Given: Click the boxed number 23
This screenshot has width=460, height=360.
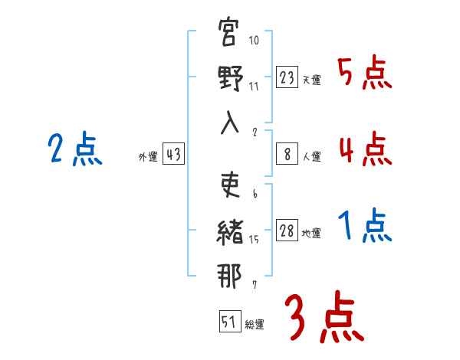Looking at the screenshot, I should [287, 77].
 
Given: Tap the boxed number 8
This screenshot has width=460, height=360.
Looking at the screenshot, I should [287, 153].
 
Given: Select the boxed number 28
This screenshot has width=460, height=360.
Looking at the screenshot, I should [287, 231].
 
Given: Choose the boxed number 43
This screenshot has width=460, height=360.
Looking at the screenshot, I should [173, 154].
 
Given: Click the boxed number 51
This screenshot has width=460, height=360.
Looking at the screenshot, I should [229, 322].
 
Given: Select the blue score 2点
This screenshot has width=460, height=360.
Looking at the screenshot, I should [74, 149].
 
